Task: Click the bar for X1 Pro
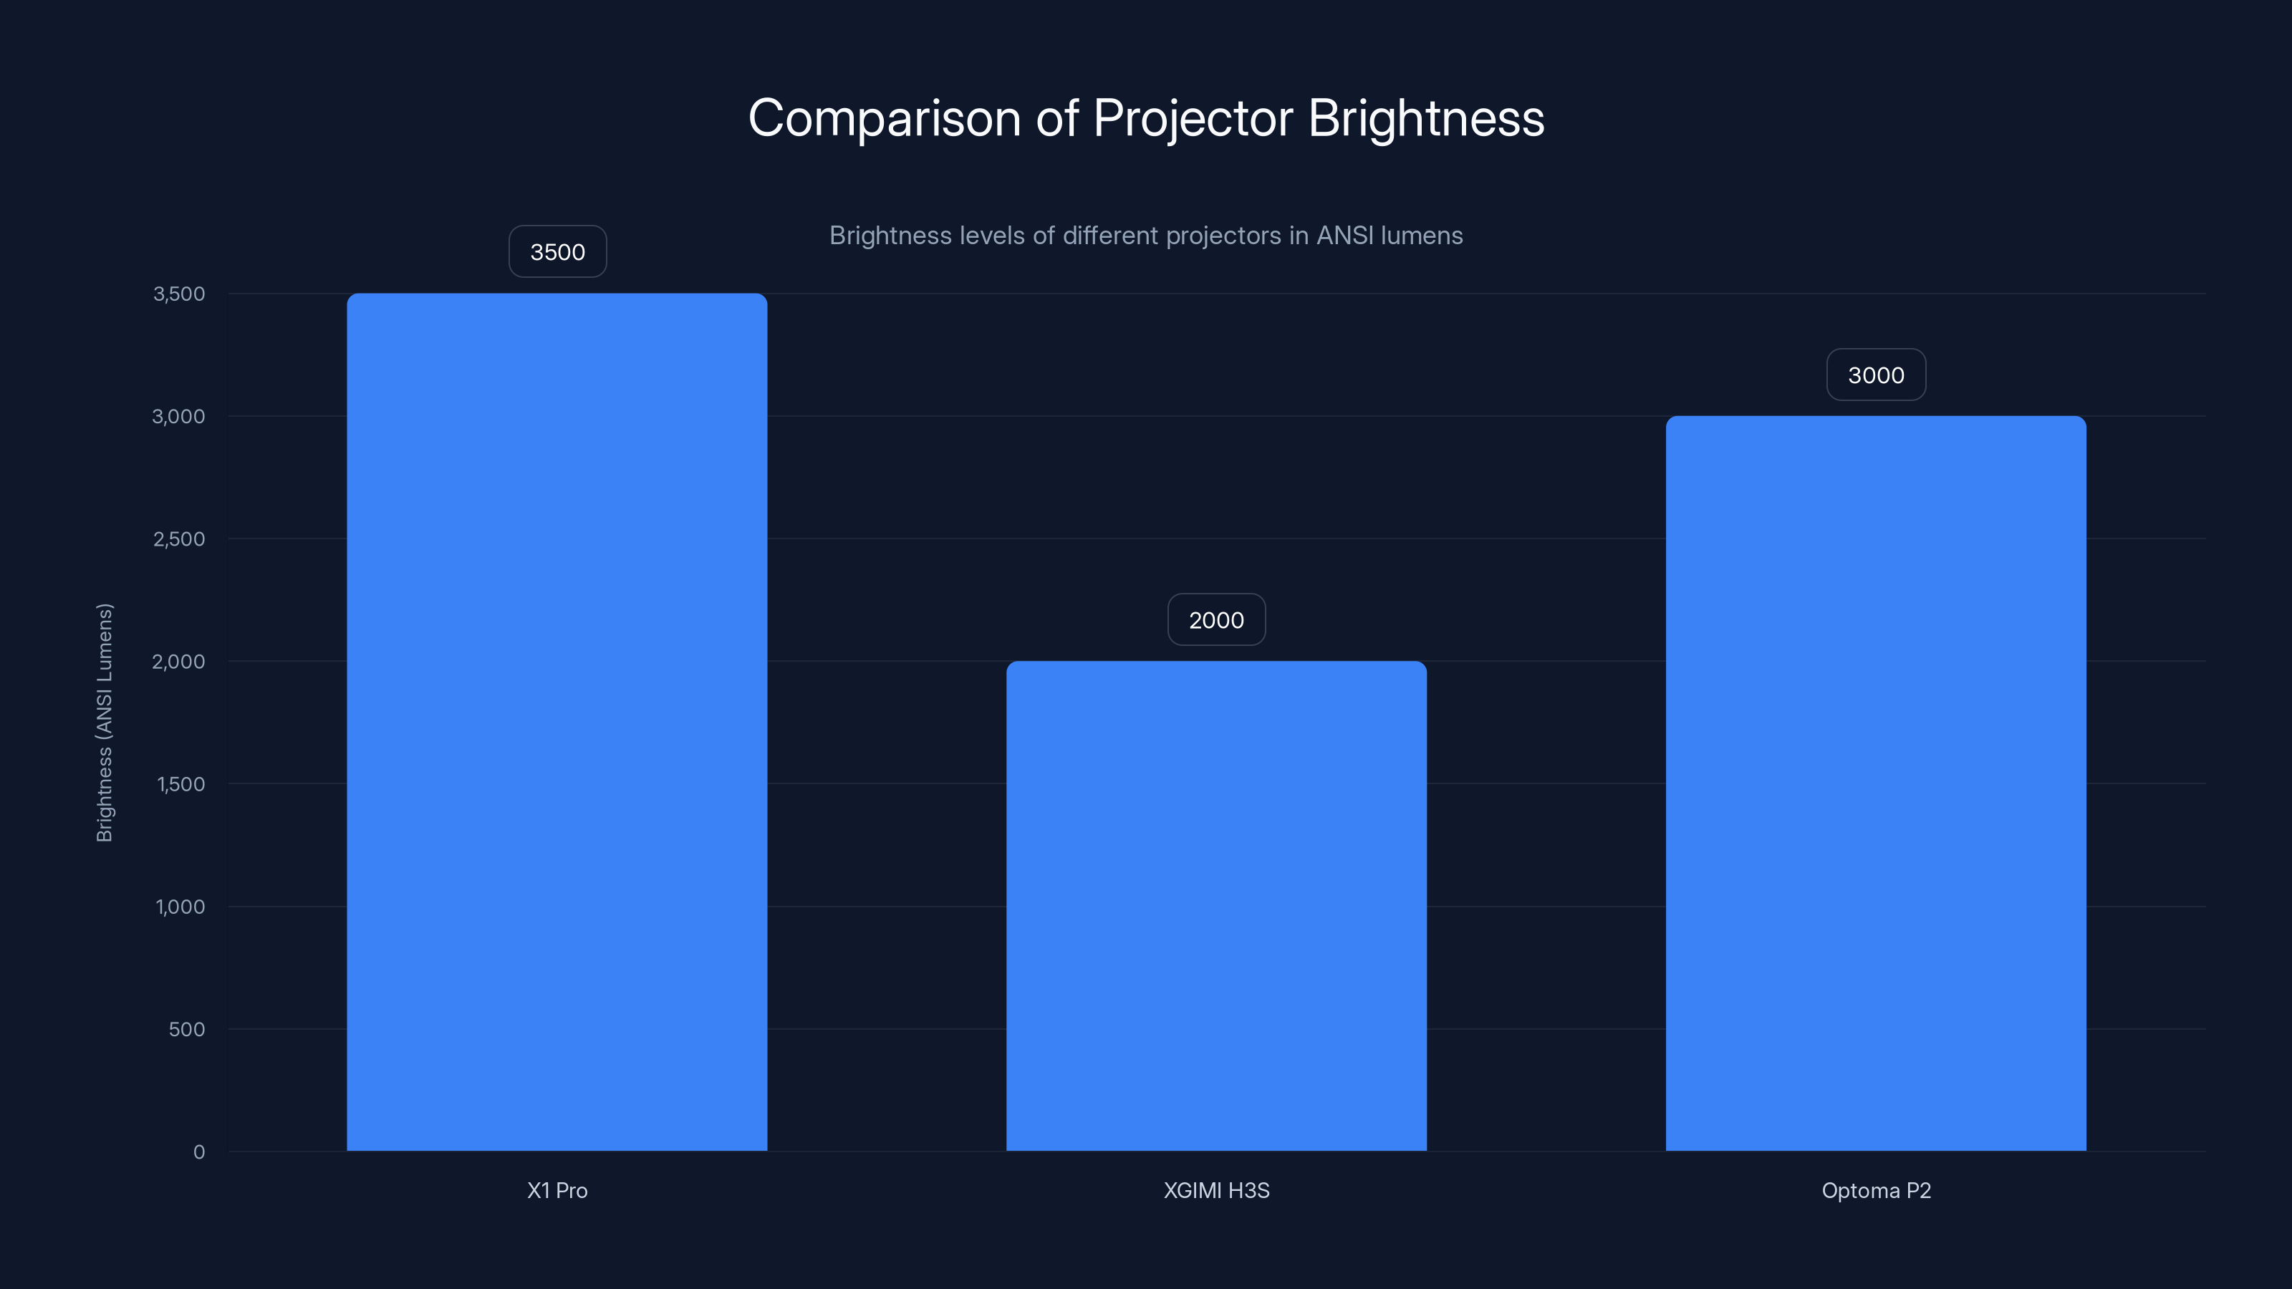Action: [x=557, y=721]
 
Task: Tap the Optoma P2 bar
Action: [x=1876, y=783]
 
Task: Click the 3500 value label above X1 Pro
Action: [x=558, y=252]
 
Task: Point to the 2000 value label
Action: [x=1216, y=620]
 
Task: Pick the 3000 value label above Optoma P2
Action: [x=1876, y=375]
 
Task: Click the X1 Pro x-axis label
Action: [x=557, y=1190]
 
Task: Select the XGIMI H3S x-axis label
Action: [x=1216, y=1190]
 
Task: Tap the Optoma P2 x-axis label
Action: [x=1876, y=1190]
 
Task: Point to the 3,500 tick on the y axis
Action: [x=179, y=294]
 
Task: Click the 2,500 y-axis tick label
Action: [x=179, y=539]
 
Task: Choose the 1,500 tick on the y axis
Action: [x=180, y=783]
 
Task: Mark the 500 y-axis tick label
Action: [x=187, y=1029]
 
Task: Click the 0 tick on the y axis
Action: [x=199, y=1152]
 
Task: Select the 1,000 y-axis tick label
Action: [x=180, y=907]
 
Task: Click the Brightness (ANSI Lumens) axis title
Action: [x=104, y=723]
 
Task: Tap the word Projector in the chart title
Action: [x=1193, y=118]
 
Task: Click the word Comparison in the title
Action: [x=885, y=118]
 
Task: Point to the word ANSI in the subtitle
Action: [x=1344, y=236]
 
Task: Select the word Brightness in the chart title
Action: [x=1426, y=118]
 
